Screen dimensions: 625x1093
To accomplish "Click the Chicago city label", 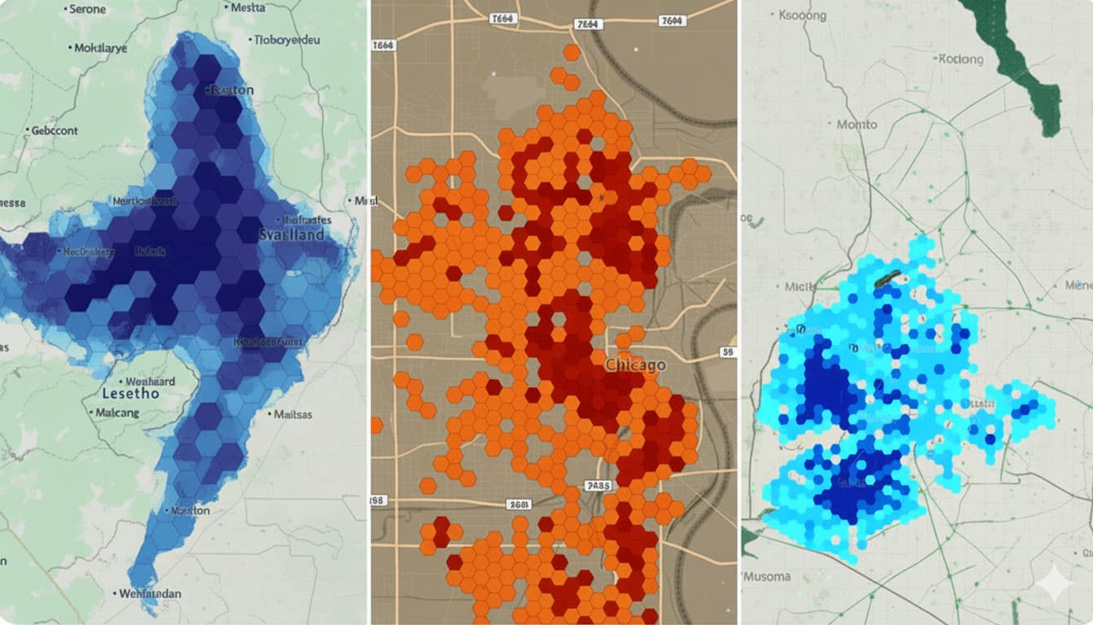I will (634, 365).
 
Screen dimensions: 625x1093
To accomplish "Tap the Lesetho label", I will (131, 394).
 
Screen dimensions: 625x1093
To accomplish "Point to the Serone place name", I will (88, 9).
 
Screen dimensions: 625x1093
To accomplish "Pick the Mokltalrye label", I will (101, 48).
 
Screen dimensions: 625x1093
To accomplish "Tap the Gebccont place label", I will (54, 130).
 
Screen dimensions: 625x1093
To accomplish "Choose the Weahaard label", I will (150, 381).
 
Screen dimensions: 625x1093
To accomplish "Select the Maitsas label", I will (293, 414).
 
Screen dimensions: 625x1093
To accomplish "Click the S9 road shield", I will (728, 352).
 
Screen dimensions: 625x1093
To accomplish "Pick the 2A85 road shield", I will (598, 486).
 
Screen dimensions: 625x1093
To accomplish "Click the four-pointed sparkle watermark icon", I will (1054, 582).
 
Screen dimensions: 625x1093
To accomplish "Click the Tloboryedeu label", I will (287, 40).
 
